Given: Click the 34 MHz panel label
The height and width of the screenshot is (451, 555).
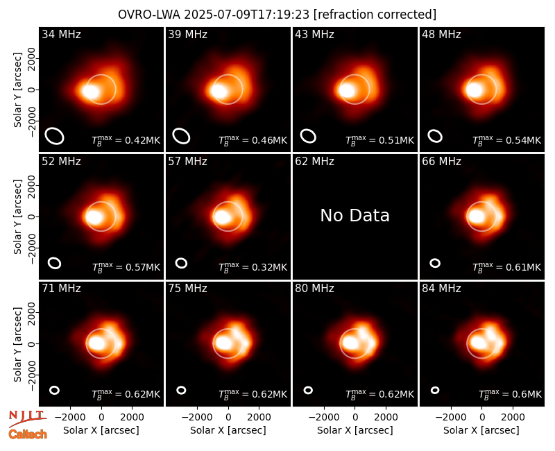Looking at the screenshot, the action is click(61, 34).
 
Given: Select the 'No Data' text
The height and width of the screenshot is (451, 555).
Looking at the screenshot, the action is click(355, 215).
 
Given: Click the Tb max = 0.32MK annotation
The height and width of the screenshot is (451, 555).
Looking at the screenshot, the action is click(253, 267).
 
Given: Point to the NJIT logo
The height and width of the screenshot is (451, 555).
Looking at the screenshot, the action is click(27, 418).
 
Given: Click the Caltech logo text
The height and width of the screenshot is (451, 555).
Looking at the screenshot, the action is click(28, 434).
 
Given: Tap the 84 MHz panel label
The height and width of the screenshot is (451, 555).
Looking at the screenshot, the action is click(441, 289).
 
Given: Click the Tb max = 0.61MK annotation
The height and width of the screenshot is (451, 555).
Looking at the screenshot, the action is click(507, 267).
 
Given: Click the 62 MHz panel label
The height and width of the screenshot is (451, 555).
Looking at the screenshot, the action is click(314, 162).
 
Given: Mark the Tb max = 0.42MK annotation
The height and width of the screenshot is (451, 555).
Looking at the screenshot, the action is click(126, 140).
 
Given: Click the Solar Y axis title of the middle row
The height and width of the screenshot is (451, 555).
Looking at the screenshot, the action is click(17, 216).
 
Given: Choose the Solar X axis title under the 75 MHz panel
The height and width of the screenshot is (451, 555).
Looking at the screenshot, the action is click(228, 430).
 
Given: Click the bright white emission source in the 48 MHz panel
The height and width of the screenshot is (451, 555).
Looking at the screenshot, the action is click(475, 90).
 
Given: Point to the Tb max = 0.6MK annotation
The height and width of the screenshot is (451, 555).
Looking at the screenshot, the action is click(510, 394).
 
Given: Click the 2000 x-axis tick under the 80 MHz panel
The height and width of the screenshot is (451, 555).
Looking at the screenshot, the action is click(386, 417).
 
